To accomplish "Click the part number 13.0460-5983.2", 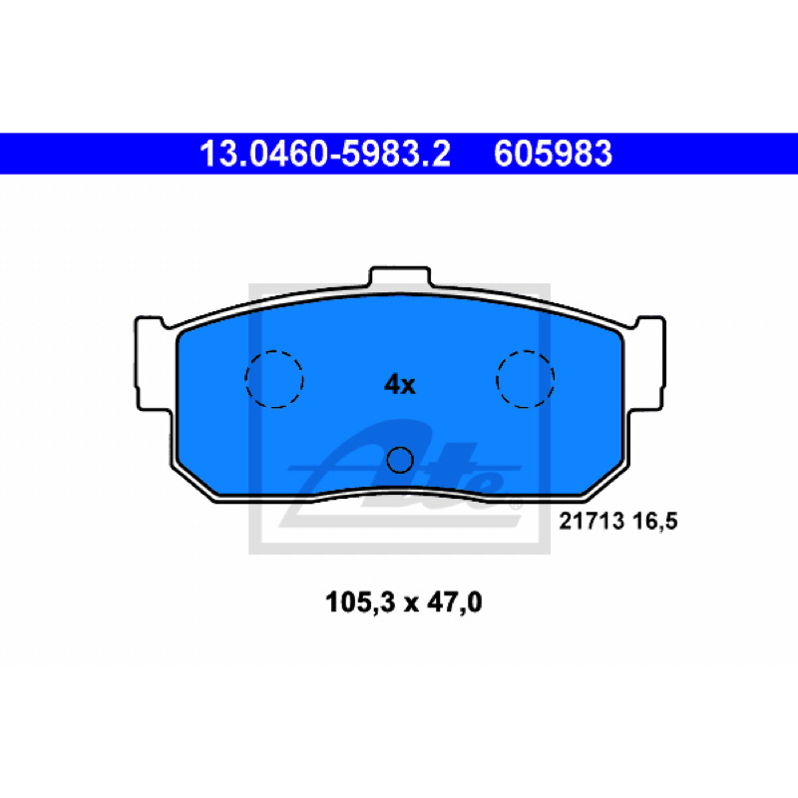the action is tap(325, 154).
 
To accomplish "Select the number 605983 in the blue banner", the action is tap(553, 154).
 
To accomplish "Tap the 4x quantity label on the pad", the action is tap(400, 384).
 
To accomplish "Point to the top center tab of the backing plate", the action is tap(400, 276).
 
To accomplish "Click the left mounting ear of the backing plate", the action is tap(153, 364).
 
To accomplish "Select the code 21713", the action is tap(592, 521).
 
